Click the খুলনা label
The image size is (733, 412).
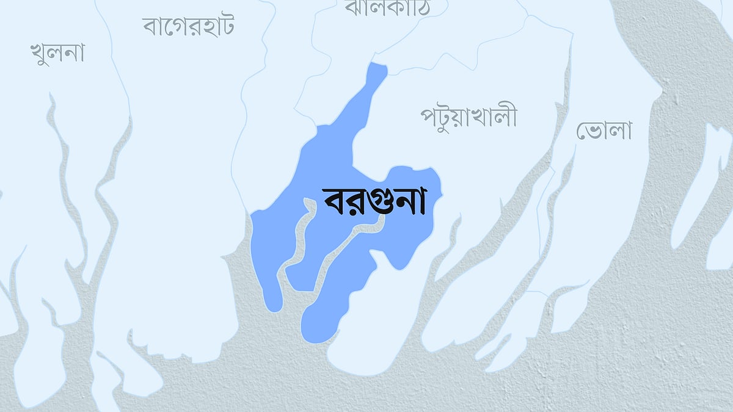57,53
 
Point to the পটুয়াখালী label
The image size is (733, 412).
469,116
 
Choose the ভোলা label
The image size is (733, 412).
604,130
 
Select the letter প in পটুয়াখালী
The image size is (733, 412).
429,117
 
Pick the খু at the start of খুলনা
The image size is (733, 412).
40,54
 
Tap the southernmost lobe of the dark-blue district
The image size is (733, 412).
318,330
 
